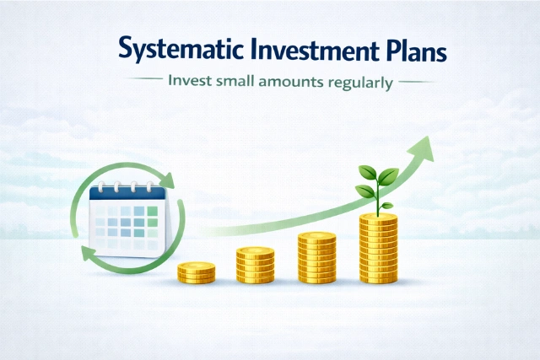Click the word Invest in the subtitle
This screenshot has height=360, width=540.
click(188, 83)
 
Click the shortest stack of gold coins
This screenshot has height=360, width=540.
click(196, 271)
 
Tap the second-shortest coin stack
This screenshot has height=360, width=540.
click(255, 265)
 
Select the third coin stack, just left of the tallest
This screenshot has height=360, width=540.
click(316, 257)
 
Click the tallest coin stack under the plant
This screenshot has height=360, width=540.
click(377, 248)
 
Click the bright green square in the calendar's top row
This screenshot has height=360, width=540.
click(153, 211)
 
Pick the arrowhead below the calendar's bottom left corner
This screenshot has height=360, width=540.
click(87, 254)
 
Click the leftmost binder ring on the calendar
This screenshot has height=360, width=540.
click(102, 184)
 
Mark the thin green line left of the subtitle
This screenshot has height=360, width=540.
click(144, 83)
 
